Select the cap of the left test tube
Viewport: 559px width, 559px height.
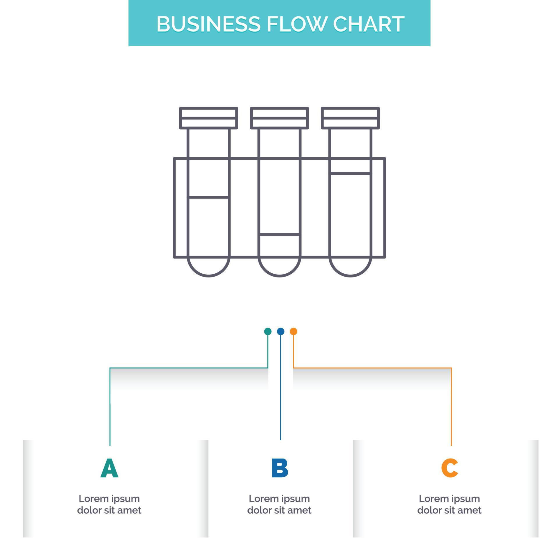[208, 118]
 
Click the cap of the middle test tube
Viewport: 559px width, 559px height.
[279, 118]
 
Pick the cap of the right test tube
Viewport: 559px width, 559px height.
[350, 118]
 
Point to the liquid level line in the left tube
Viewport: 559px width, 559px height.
[208, 197]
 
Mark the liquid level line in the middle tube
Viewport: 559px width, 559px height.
[279, 234]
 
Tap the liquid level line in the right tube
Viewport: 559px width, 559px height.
[350, 174]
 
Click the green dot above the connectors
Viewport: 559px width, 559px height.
[268, 331]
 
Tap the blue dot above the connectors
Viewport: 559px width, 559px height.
[281, 331]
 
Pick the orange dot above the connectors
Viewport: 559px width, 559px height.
[293, 331]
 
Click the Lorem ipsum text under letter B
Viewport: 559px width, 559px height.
[279, 504]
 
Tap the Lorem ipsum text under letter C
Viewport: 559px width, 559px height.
[449, 504]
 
